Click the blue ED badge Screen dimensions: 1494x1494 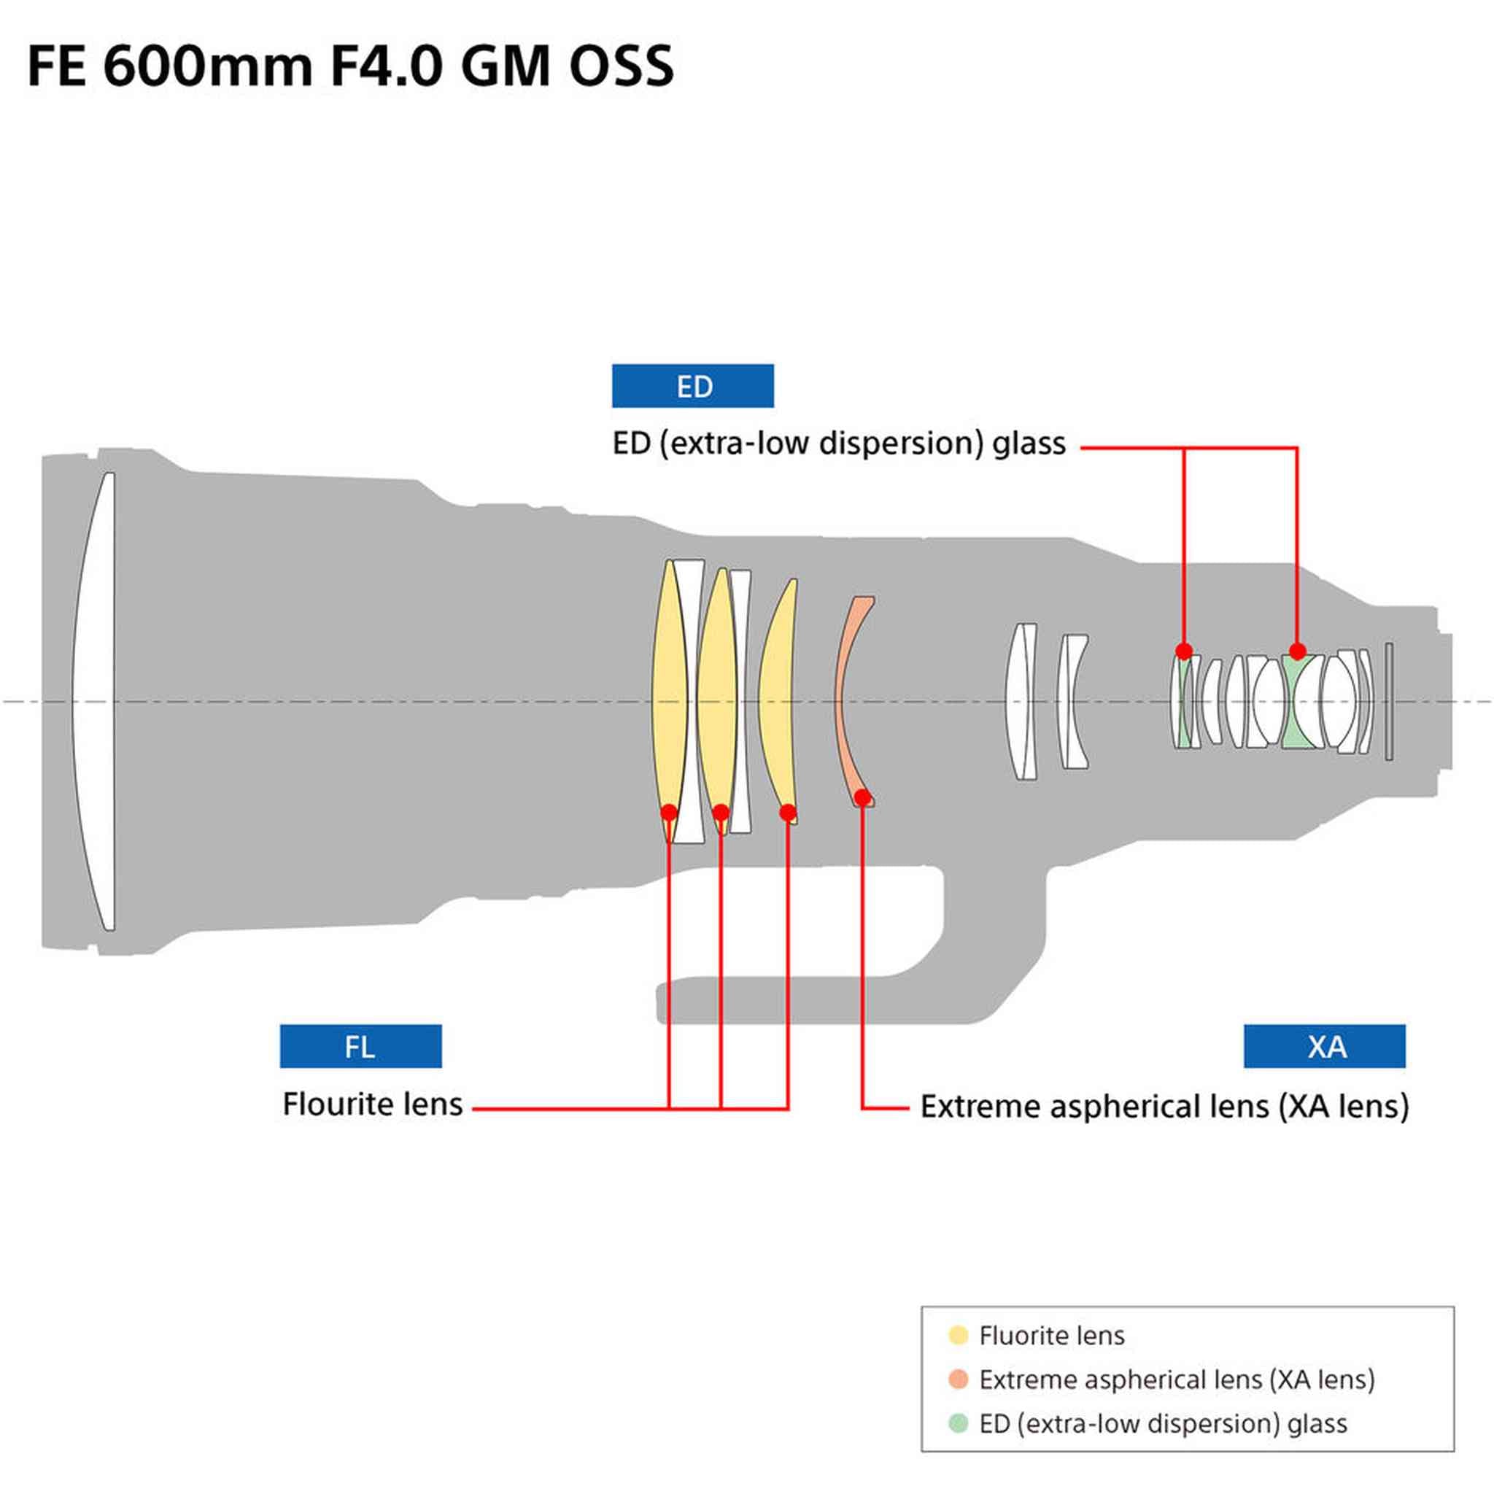click(x=692, y=386)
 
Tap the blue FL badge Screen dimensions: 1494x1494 click(x=360, y=1046)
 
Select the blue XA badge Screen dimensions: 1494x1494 click(x=1324, y=1046)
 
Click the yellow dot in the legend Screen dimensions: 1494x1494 click(x=958, y=1336)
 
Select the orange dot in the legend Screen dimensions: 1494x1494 click(x=958, y=1379)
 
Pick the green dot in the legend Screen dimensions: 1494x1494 click(x=958, y=1424)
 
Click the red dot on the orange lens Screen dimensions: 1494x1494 click(x=862, y=797)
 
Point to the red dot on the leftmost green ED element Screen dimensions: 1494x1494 click(x=1184, y=651)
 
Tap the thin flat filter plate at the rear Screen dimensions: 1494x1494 click(x=1389, y=700)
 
